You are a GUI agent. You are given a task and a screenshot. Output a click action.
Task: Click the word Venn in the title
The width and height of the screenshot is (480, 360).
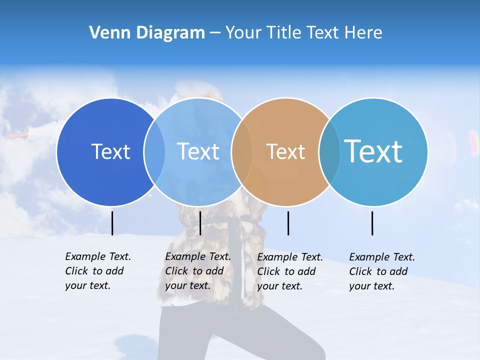coord(107,33)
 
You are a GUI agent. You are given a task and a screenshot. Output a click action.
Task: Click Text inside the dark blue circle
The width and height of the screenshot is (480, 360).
coord(110,151)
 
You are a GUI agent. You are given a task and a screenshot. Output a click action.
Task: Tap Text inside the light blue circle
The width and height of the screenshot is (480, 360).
coord(198,151)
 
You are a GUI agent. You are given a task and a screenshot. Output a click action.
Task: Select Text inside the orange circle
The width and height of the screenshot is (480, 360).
coord(285,151)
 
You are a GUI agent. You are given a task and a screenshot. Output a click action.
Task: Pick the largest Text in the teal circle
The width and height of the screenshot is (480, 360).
coord(373,151)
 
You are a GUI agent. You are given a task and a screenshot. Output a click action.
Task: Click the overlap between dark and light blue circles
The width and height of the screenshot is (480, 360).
coord(154,151)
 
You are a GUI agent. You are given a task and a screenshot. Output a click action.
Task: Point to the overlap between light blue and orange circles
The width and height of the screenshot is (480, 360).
coord(242,151)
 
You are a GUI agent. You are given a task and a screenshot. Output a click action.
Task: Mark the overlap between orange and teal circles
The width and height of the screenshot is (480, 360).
coord(329,151)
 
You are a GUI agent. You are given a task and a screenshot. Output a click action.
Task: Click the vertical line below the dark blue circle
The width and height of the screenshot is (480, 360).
coord(112,223)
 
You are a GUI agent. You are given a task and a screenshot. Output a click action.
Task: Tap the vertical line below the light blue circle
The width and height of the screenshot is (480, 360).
coord(200,223)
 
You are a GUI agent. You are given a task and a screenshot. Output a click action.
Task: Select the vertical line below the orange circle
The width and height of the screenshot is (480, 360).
coord(288,223)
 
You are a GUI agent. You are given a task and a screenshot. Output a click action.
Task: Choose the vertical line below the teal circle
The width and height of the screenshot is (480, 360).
coord(372,223)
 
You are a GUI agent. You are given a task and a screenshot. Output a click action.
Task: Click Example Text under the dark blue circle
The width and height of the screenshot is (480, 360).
coord(98,256)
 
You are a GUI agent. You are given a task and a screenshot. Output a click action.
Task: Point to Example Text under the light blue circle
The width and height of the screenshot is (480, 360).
coord(198,256)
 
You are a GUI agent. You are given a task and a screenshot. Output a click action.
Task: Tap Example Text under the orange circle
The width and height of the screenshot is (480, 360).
coord(290,257)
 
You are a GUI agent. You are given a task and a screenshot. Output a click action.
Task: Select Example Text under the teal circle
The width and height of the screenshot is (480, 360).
coord(382,257)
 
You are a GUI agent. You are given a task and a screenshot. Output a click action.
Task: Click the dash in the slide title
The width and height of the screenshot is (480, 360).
coord(215,33)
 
